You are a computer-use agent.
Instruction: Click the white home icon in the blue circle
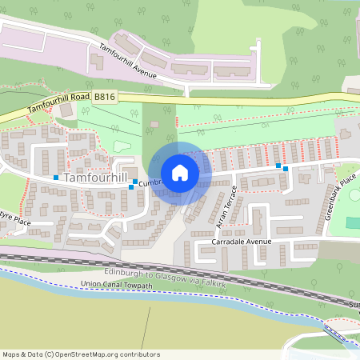click(x=180, y=172)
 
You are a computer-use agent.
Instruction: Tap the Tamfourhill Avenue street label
click(x=132, y=59)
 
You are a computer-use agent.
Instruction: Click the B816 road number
click(x=104, y=95)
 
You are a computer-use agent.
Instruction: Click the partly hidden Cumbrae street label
click(x=150, y=183)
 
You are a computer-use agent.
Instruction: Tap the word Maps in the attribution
click(x=11, y=354)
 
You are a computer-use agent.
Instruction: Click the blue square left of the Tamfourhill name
click(x=56, y=177)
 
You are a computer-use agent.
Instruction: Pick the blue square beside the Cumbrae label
click(x=132, y=186)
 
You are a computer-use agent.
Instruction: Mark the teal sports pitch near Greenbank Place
click(x=352, y=220)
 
